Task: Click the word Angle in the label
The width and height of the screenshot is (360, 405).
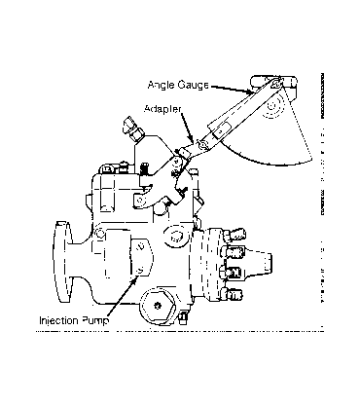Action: point(162,85)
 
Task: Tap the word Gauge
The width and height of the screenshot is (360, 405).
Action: point(194,85)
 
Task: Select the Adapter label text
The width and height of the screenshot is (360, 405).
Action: point(162,108)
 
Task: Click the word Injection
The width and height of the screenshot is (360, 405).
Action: point(58,320)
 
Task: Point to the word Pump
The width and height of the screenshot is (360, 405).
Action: point(95,320)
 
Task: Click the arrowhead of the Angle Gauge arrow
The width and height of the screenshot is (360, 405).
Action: point(250,92)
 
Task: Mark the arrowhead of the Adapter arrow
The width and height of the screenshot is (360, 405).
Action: point(192,139)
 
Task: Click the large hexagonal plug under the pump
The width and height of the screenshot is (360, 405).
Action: point(159,305)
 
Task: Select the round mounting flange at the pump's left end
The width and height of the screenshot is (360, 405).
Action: point(62,261)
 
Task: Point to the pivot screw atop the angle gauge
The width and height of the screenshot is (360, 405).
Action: point(276,84)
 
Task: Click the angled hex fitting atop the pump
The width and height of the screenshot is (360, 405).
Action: point(133,129)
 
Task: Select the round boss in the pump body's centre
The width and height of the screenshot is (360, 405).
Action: point(175,235)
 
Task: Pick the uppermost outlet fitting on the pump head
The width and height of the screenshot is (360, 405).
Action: point(234,235)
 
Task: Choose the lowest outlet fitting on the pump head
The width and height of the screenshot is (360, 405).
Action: point(233,294)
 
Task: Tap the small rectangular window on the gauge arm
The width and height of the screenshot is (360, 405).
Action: point(220,131)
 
